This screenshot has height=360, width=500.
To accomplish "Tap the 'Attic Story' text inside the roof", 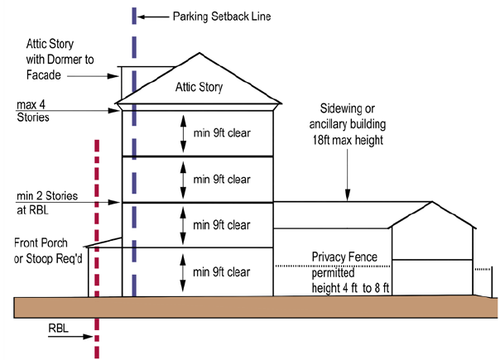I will coord(199,87).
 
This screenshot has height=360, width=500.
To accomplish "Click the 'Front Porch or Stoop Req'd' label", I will coord(46,250).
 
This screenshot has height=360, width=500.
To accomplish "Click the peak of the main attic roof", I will coord(199,55).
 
